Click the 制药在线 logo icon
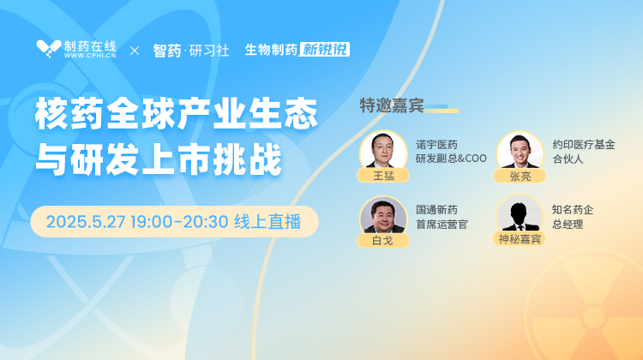pyautogui.click(x=48, y=49)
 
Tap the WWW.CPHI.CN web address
pyautogui.click(x=90, y=56)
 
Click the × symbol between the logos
pyautogui.click(x=135, y=51)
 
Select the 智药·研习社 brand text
pyautogui.click(x=191, y=51)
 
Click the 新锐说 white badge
pyautogui.click(x=324, y=49)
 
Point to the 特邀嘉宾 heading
pyautogui.click(x=392, y=105)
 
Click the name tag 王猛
pyautogui.click(x=383, y=176)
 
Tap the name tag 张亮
pyautogui.click(x=520, y=176)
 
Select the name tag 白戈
pyautogui.click(x=383, y=240)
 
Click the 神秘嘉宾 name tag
pyautogui.click(x=520, y=238)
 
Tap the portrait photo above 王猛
pyautogui.click(x=383, y=150)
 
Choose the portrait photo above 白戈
pyautogui.click(x=383, y=215)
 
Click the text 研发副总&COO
pyautogui.click(x=451, y=159)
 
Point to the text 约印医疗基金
pyautogui.click(x=584, y=145)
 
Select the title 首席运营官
pyautogui.click(x=442, y=225)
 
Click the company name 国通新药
pyautogui.click(x=436, y=210)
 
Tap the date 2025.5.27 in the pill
pyautogui.click(x=85, y=222)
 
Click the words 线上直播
pyautogui.click(x=267, y=222)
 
